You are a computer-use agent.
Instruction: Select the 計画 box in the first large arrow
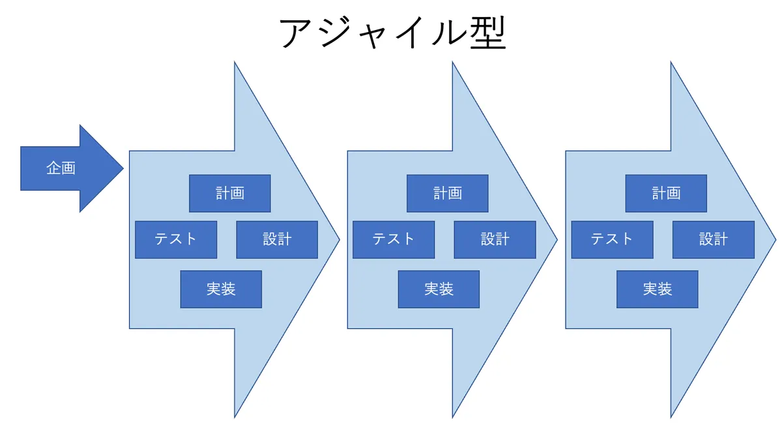(x=230, y=193)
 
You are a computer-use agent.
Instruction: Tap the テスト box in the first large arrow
(x=176, y=240)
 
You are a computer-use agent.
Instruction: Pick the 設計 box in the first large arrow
(x=277, y=240)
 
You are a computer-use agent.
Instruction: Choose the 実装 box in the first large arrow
(x=221, y=289)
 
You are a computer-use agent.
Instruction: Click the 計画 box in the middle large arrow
(x=448, y=193)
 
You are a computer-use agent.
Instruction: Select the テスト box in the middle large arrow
(x=394, y=240)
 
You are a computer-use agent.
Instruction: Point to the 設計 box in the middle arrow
(x=495, y=240)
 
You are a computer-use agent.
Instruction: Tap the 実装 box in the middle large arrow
(x=439, y=289)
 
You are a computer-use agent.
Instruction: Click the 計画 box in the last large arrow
(x=666, y=193)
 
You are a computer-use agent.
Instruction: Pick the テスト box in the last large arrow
(x=612, y=240)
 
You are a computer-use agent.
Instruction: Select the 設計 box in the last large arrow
(x=713, y=240)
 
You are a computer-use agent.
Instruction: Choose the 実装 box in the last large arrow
(x=657, y=289)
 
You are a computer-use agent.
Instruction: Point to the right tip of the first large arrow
(x=338, y=240)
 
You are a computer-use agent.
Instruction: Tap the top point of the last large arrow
(x=671, y=64)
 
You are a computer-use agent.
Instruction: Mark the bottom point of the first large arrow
(x=235, y=416)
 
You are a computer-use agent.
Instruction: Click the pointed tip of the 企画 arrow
(x=122, y=168)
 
